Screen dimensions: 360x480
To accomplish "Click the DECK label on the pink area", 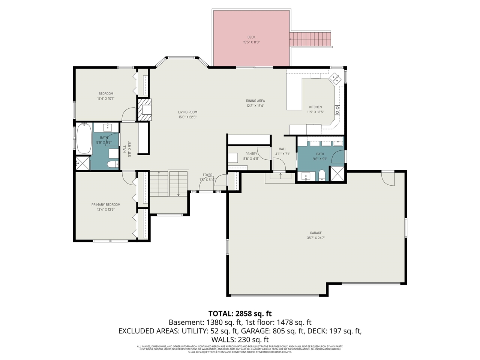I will coord(251,37).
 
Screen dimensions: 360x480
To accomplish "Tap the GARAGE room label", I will coord(316,233).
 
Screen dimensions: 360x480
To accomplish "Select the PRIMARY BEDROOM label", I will coord(106,205).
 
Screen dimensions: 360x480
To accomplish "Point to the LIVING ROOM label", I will coord(187,112).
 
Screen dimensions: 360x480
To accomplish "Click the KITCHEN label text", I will coord(315,107).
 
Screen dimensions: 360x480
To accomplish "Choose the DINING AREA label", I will coord(255,101).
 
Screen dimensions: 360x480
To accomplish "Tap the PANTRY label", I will coord(251,154).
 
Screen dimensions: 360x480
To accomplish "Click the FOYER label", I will coord(208,175).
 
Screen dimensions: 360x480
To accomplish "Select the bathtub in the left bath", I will coord(84,139).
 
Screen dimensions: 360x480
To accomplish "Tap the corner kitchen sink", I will coord(334,79).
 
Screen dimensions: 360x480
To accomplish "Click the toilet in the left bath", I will coord(112,164).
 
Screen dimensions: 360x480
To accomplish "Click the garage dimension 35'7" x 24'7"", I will coord(316,238).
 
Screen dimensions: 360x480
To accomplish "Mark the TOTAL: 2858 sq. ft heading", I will coord(240,313).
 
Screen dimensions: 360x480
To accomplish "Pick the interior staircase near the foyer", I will coord(169,183).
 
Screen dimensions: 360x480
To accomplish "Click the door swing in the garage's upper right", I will coord(388,178).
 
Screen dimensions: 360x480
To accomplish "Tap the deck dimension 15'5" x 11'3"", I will coord(251,42).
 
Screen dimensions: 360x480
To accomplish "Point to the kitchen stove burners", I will coord(337,110).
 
